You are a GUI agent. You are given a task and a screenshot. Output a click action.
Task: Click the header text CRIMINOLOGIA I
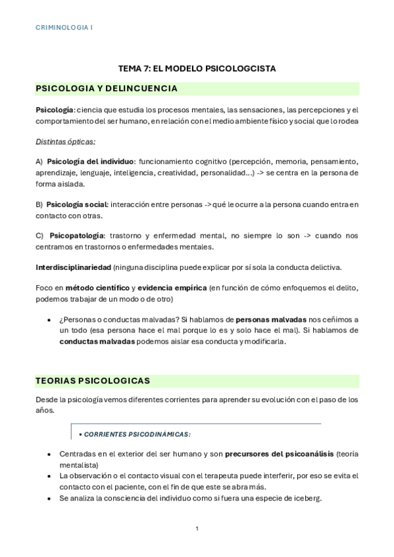point(64,28)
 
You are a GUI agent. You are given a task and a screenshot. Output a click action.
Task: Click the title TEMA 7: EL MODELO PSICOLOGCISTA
point(197,68)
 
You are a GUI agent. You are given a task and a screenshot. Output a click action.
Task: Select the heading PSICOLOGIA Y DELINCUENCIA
point(106,88)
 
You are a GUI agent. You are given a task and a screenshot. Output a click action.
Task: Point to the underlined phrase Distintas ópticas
point(65,141)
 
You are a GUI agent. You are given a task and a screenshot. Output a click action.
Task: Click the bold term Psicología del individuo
point(90,162)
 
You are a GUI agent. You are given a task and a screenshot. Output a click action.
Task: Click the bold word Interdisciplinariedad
point(72,267)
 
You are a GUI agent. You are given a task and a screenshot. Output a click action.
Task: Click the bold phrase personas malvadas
point(269,319)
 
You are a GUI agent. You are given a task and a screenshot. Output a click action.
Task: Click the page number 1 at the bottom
point(197,527)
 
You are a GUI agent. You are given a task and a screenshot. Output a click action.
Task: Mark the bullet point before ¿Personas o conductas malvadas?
point(50,320)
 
